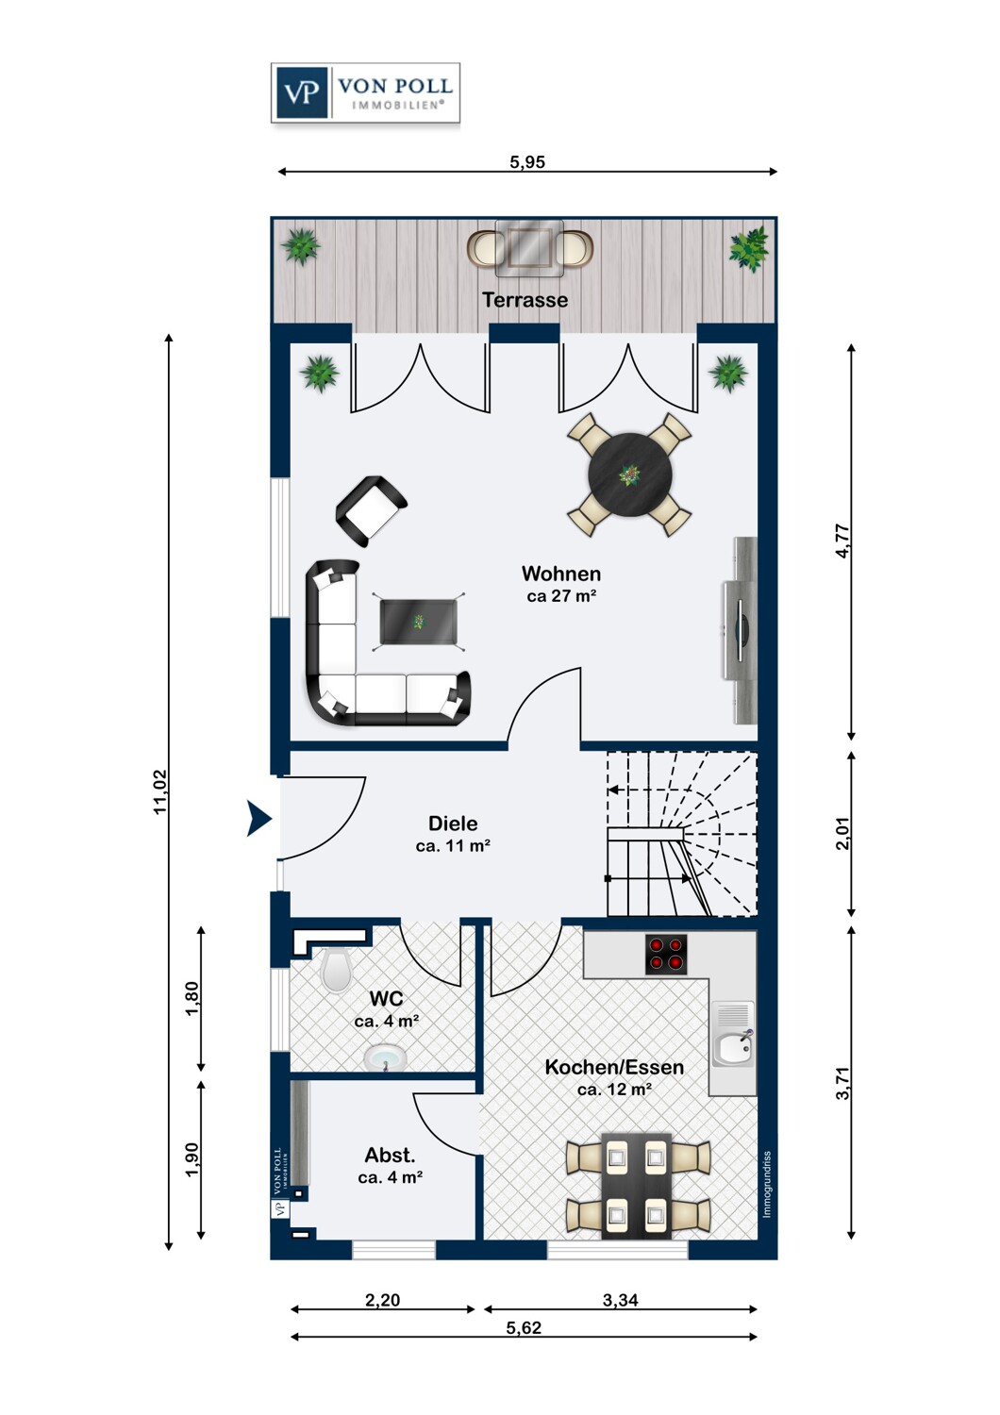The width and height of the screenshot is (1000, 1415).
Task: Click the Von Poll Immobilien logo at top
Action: [x=365, y=92]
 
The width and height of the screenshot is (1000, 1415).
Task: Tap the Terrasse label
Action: [x=525, y=300]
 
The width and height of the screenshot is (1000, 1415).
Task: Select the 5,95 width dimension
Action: [x=526, y=162]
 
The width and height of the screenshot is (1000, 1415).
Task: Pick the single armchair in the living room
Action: [x=372, y=511]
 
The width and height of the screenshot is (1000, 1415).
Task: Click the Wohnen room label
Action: [x=561, y=574]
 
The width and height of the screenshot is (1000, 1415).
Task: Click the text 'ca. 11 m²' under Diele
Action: [x=453, y=846]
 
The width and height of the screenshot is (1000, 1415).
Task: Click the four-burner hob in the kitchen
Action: [x=666, y=955]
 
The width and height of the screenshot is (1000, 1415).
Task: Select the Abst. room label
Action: [x=390, y=1156]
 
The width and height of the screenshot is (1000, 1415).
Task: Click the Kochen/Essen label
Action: [x=614, y=1067]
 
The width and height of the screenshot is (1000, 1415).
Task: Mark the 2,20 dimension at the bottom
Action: [x=383, y=1300]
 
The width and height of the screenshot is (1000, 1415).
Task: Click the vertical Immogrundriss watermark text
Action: [x=767, y=1185]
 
